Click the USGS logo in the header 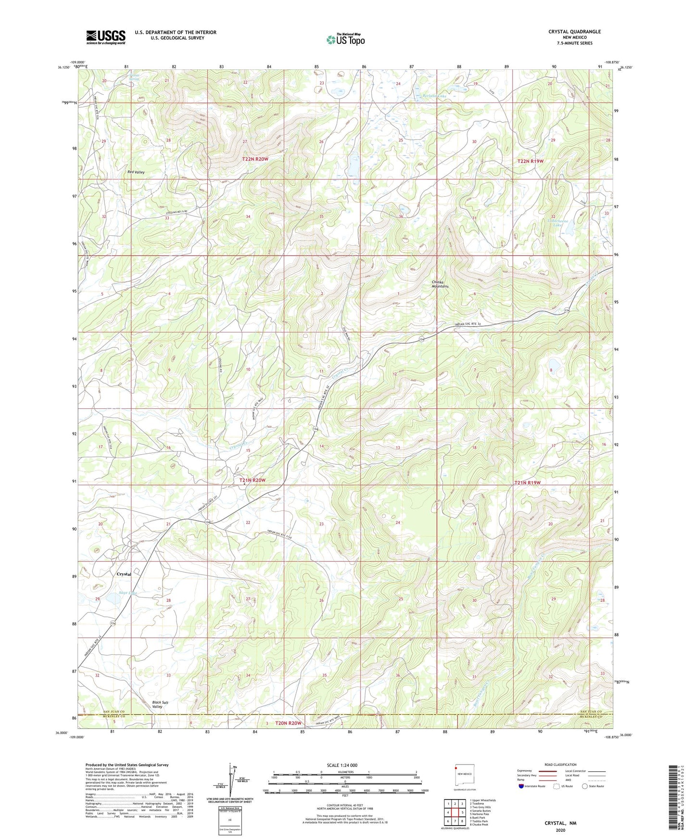click(x=106, y=37)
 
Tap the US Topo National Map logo click(x=345, y=39)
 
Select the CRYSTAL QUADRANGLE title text click(x=574, y=32)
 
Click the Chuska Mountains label click(x=440, y=284)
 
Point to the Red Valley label click(x=136, y=172)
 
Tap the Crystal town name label click(x=124, y=574)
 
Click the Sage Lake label click(x=128, y=593)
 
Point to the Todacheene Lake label click(x=557, y=222)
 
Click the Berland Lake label click(x=434, y=96)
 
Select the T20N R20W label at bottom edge click(x=288, y=723)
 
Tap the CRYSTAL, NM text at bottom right click(x=560, y=823)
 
